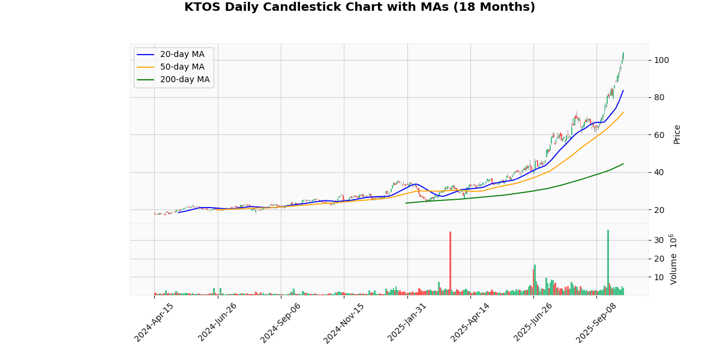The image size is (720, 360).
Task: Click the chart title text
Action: click(x=359, y=7)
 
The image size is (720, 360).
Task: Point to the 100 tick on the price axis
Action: click(x=662, y=60)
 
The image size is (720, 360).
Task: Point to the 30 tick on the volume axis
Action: click(x=659, y=240)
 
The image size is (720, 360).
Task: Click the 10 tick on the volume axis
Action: click(x=659, y=277)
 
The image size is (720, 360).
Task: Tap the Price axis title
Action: click(x=677, y=134)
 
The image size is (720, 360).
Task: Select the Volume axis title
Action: click(x=674, y=259)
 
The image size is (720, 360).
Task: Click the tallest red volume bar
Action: click(x=450, y=263)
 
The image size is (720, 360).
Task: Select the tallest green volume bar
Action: click(x=608, y=262)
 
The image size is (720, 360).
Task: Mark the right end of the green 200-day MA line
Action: click(x=623, y=164)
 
